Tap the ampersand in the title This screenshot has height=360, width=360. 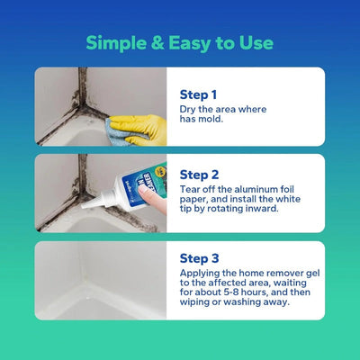pos(161,42)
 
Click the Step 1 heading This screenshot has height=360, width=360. pos(199,94)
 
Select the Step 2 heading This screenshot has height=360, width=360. pos(199,174)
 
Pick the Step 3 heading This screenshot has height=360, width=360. pos(199,256)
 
